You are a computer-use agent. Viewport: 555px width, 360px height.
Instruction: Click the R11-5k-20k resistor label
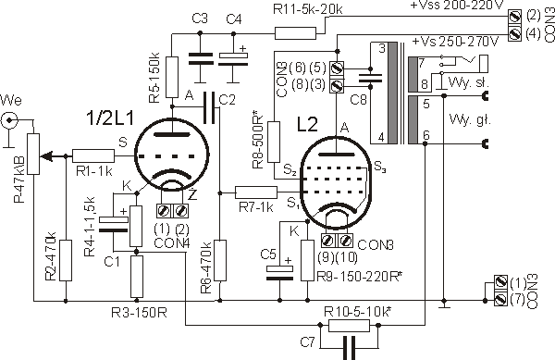[x=308, y=9]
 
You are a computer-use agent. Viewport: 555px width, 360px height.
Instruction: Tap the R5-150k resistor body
[x=172, y=77]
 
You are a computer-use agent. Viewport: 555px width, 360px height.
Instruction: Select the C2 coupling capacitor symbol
[x=209, y=107]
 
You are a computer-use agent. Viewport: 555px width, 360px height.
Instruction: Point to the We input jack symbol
[x=9, y=121]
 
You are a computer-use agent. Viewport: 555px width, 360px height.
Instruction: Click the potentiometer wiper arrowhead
[x=46, y=155]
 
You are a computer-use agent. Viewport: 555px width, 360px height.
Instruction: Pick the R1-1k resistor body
[x=93, y=155]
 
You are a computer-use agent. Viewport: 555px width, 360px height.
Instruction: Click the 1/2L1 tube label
[x=110, y=118]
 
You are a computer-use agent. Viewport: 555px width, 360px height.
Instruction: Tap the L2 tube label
[x=307, y=124]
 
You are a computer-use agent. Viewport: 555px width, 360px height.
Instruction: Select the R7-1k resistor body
[x=256, y=192]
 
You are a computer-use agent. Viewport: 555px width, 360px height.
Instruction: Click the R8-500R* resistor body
[x=274, y=143]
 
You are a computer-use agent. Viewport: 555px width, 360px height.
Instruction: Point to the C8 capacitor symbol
[x=370, y=78]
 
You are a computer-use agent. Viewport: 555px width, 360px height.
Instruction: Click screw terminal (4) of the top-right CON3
[x=515, y=34]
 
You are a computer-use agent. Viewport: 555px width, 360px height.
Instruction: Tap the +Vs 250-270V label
[x=455, y=42]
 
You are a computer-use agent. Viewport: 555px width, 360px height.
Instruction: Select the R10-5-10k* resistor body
[x=349, y=326]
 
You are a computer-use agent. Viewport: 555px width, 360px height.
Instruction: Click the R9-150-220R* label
[x=359, y=277]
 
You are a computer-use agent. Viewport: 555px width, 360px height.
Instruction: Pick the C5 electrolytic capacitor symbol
[x=279, y=273]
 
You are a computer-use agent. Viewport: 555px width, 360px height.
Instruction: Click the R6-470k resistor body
[x=220, y=261]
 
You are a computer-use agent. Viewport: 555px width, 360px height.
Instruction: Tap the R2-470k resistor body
[x=66, y=261]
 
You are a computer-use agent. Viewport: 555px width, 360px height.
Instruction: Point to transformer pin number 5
[x=426, y=104]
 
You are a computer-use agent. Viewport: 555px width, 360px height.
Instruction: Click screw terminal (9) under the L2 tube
[x=328, y=241]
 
